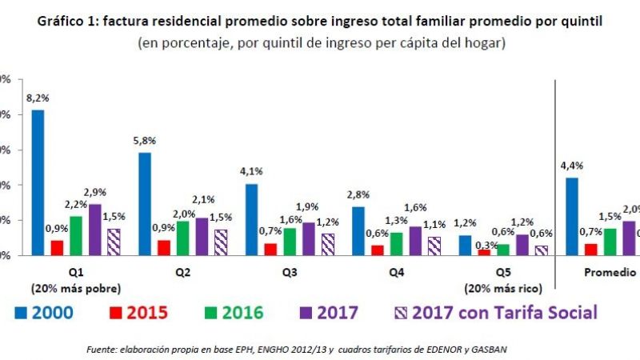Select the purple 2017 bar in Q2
[201, 236]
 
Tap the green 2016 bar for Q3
[290, 241]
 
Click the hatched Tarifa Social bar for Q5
[542, 250]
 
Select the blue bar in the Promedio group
[572, 216]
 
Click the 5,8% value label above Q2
[146, 140]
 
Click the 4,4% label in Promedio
[572, 166]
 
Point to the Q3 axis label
[290, 272]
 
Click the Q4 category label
[396, 272]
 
